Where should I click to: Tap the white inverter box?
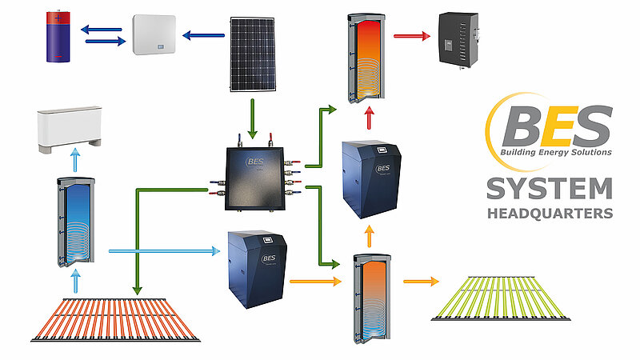pos(155,34)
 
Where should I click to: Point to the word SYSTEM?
pos(549,189)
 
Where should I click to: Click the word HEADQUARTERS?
pos(550,214)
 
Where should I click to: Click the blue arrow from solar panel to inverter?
pos(203,34)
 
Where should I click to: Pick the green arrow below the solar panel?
pos(254,111)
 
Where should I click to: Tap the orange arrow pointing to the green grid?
pos(422,281)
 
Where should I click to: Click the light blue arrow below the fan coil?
pos(76,160)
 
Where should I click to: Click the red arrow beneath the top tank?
pos(369,118)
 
